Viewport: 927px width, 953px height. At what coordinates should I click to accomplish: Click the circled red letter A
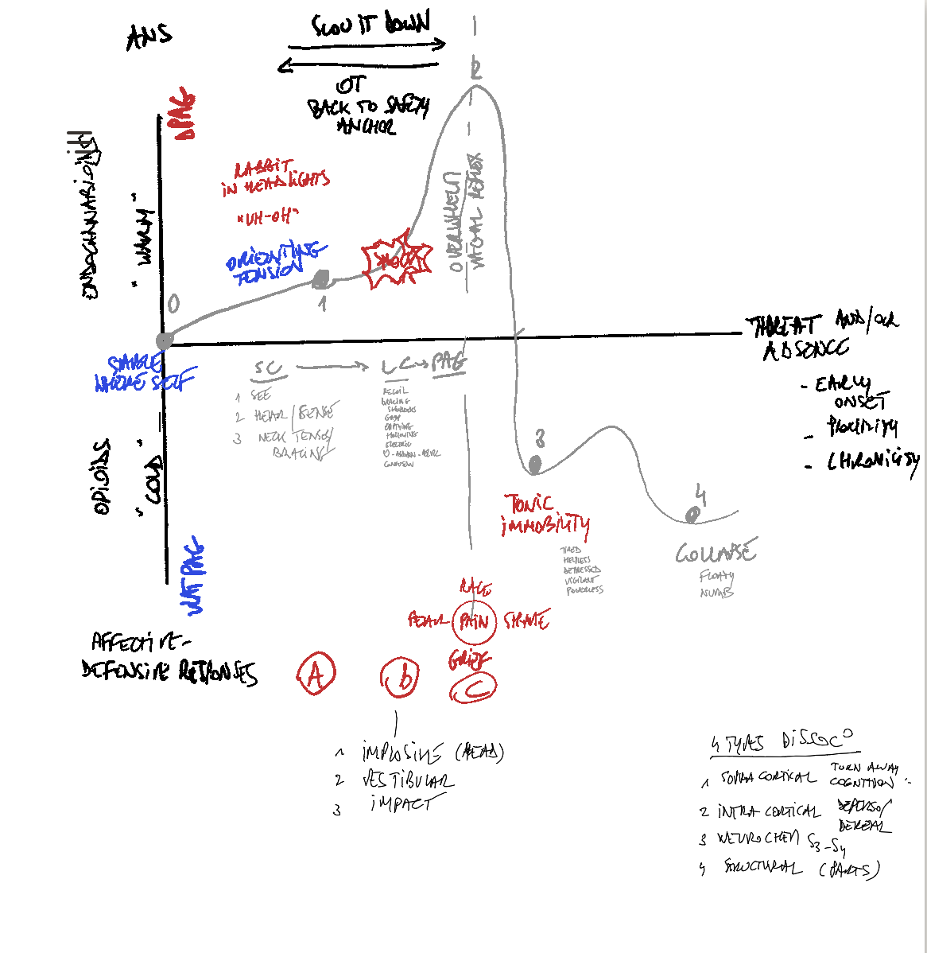(x=316, y=675)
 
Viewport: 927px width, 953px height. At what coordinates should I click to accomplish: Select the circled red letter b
(x=400, y=678)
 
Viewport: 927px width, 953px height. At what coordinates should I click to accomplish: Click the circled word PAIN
(x=475, y=621)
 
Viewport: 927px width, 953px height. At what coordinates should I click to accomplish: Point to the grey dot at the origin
(x=165, y=341)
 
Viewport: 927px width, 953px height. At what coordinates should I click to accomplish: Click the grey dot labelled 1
(x=322, y=279)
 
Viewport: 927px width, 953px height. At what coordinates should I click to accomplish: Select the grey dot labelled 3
(x=535, y=463)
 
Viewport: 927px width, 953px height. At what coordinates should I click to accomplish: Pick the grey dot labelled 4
(x=692, y=516)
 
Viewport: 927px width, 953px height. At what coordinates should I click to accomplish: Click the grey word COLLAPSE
(x=716, y=551)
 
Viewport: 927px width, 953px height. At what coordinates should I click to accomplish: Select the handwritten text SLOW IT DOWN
(x=370, y=25)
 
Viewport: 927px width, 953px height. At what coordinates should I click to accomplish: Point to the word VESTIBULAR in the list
(x=408, y=780)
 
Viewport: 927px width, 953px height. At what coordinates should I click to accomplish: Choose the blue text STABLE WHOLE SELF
(x=143, y=374)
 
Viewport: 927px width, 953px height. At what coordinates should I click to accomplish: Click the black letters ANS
(x=149, y=36)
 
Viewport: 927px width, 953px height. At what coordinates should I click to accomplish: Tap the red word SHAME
(x=526, y=620)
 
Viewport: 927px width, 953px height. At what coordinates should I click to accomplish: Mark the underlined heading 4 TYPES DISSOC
(x=783, y=742)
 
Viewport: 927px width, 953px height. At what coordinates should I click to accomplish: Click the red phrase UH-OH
(x=267, y=216)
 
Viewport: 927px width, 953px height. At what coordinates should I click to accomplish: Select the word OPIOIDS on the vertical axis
(x=103, y=477)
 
